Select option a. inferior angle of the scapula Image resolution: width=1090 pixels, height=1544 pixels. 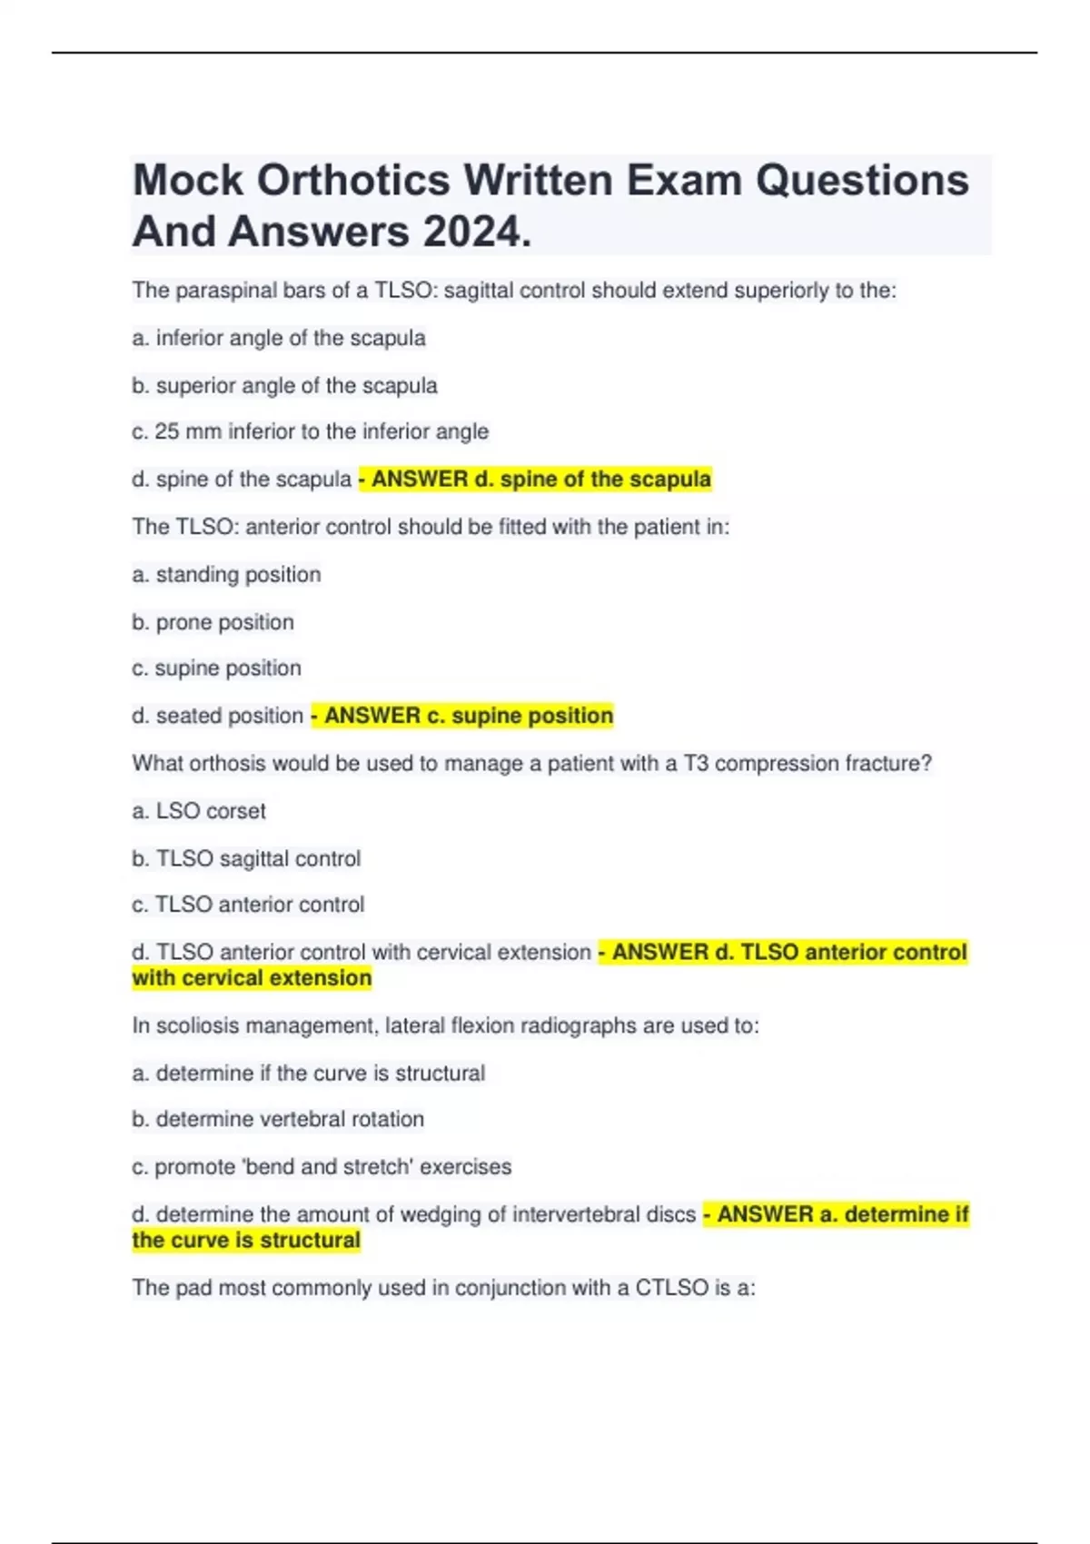[278, 338]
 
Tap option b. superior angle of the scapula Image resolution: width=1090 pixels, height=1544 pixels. [284, 385]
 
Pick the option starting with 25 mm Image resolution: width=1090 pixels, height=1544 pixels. [310, 431]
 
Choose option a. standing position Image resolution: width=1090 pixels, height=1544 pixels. [226, 574]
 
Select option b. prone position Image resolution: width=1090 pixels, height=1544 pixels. [213, 622]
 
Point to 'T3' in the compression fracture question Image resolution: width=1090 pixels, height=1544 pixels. [695, 763]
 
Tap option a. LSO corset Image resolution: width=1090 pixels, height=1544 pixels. [199, 810]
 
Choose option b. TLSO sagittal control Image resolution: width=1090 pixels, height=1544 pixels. [246, 858]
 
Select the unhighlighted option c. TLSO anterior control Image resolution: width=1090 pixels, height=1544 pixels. [248, 905]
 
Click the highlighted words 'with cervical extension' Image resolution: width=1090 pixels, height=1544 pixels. [252, 978]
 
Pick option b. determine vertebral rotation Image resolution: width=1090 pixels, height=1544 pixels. [278, 1119]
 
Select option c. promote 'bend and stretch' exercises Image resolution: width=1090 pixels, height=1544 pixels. [322, 1166]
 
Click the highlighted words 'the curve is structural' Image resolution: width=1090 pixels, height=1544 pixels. [246, 1240]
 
